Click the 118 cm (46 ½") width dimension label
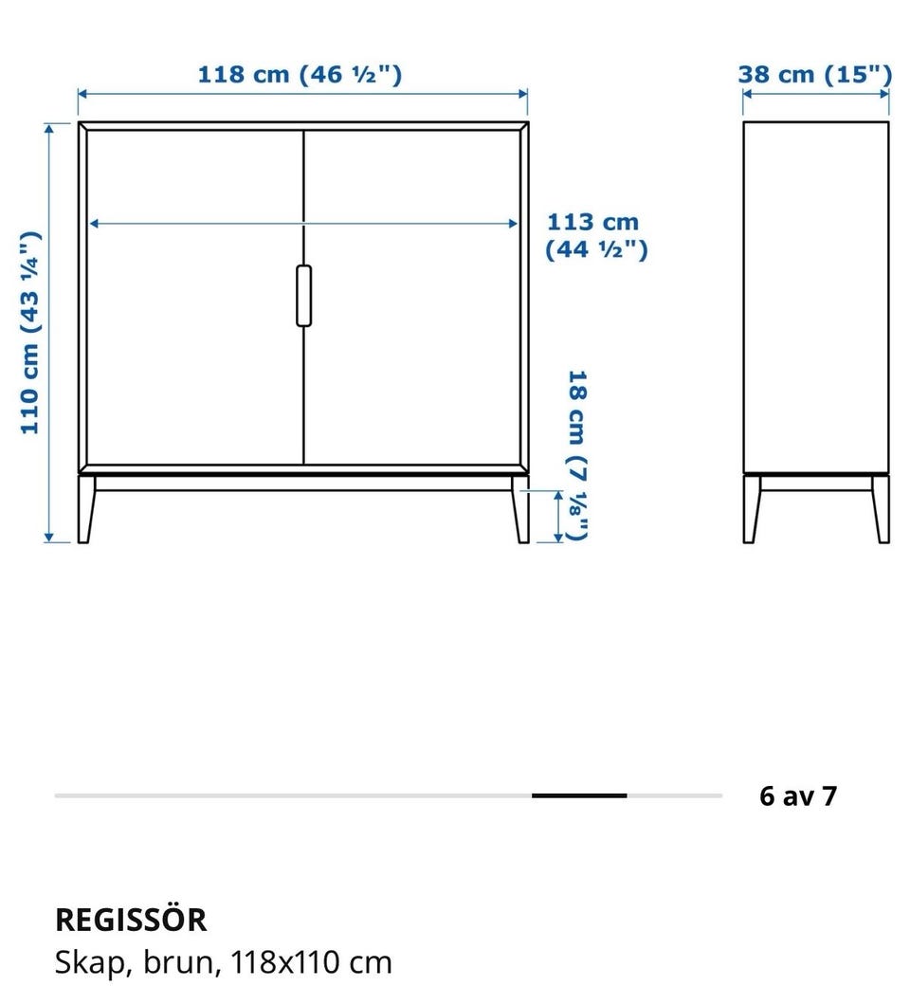pos(300,74)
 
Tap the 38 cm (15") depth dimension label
pos(815,74)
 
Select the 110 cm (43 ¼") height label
pos(30,333)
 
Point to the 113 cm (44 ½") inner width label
pos(596,236)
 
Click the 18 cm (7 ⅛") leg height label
pos(578,455)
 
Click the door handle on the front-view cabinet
pos(303,296)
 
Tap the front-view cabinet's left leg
pos(86,509)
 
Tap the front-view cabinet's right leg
pos(520,509)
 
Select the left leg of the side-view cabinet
pos(751,509)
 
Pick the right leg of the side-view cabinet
pos(881,509)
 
